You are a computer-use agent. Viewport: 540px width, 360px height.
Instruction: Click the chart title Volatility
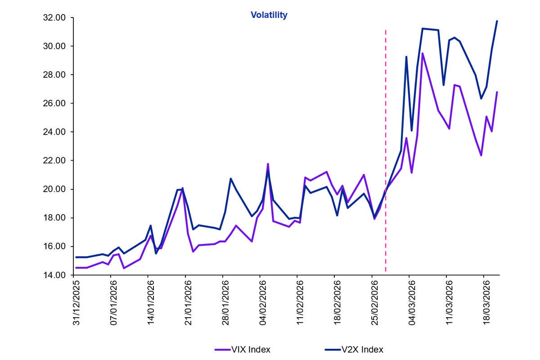pyautogui.click(x=269, y=15)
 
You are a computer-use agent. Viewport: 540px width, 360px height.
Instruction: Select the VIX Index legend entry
pyautogui.click(x=251, y=349)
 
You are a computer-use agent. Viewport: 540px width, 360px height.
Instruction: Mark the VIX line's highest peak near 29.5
pyautogui.click(x=423, y=54)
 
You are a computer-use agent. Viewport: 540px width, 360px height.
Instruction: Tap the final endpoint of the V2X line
pyautogui.click(x=497, y=21)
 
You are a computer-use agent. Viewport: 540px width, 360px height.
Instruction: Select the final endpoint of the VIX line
pyautogui.click(x=497, y=92)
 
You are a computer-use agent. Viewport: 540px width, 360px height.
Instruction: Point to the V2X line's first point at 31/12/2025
pyautogui.click(x=76, y=257)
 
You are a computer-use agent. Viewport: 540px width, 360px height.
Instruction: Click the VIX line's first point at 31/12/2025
pyautogui.click(x=76, y=268)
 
